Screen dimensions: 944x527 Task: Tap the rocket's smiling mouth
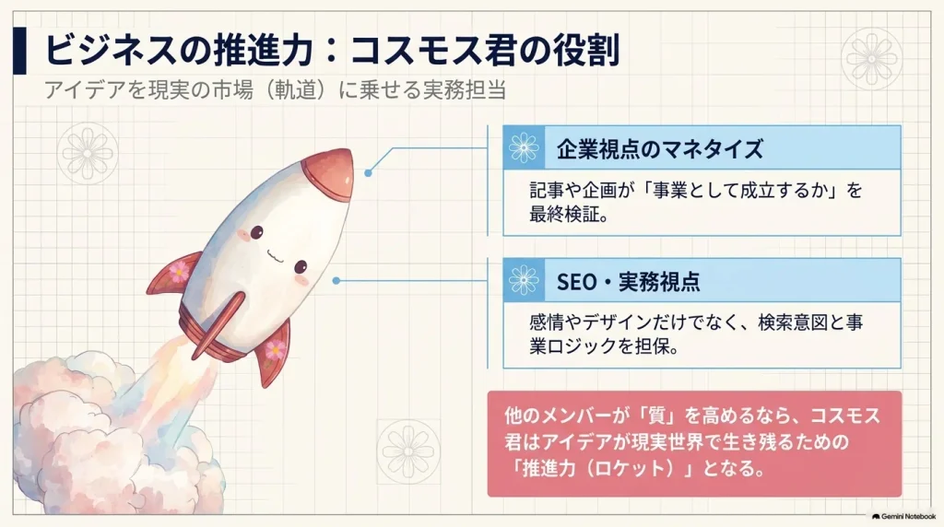pyautogui.click(x=275, y=255)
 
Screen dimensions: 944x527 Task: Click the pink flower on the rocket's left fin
pyautogui.click(x=179, y=272)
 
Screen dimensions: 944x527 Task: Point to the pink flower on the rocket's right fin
pyautogui.click(x=275, y=349)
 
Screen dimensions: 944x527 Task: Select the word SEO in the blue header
pyautogui.click(x=576, y=282)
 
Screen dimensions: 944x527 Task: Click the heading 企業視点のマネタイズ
pyautogui.click(x=660, y=148)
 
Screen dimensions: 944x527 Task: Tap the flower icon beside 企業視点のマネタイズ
pyautogui.click(x=524, y=148)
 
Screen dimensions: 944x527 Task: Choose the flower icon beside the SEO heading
pyautogui.click(x=524, y=280)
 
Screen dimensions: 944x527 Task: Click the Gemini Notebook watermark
pyautogui.click(x=903, y=517)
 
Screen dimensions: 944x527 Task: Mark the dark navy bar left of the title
pyautogui.click(x=19, y=51)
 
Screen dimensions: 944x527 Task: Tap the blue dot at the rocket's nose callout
pyautogui.click(x=368, y=173)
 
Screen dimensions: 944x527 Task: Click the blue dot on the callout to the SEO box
pyautogui.click(x=336, y=281)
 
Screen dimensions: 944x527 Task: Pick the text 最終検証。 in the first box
pyautogui.click(x=570, y=214)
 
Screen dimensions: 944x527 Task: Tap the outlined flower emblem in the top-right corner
pyautogui.click(x=871, y=58)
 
